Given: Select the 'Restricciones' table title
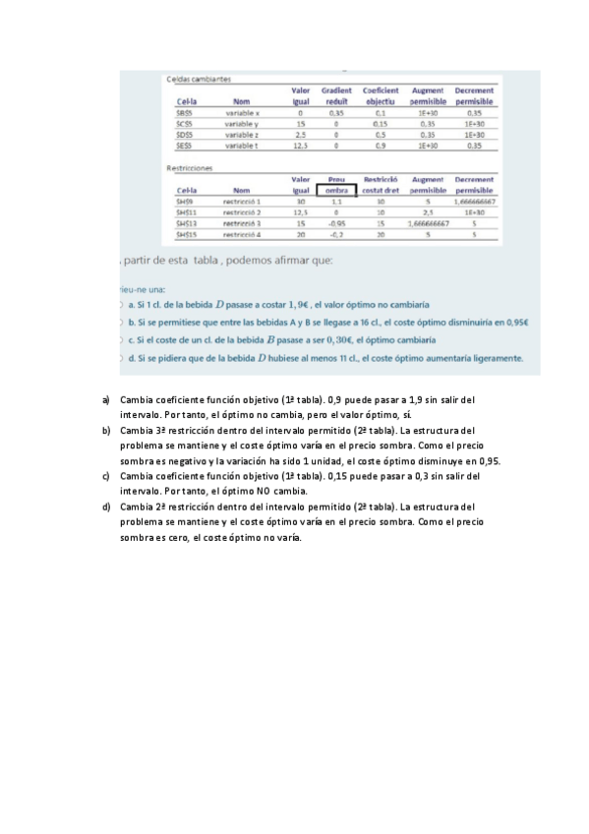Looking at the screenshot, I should (188, 167).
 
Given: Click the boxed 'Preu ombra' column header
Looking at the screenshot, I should (336, 185).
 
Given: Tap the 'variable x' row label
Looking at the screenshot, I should (241, 114).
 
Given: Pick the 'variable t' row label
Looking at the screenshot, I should (241, 145).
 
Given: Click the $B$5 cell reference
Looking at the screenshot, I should (184, 114).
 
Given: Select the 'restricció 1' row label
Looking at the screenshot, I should (241, 201).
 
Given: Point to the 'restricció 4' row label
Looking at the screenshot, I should (241, 235).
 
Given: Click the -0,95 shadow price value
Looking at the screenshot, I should (336, 223).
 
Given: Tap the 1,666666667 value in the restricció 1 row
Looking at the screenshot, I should (474, 201).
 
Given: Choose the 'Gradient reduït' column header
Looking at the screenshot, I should (336, 95).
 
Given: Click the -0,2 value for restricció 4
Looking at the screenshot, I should (336, 235).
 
